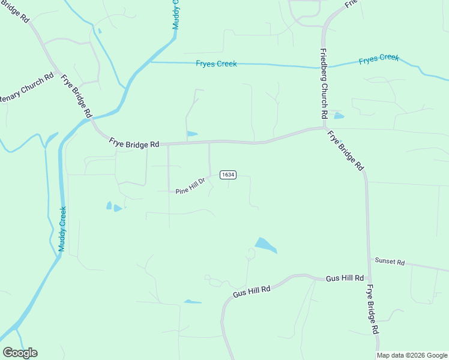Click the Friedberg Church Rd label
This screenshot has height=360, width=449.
323,83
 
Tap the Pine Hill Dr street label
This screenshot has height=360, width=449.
191,186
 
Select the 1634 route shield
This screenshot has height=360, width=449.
228,175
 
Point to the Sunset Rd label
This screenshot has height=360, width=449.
390,262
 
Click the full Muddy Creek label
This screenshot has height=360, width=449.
62,229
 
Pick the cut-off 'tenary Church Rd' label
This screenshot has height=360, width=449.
27,88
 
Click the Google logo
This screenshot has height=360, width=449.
20,353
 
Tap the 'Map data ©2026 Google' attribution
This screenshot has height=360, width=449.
412,355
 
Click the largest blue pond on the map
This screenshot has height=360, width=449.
265,245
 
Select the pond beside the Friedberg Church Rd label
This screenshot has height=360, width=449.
339,116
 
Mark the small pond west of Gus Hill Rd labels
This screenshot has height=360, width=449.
192,301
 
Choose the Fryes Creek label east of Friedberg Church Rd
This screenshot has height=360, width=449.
379,59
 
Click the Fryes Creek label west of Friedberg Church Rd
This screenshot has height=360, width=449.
216,64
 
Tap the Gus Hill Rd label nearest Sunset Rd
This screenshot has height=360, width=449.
345,278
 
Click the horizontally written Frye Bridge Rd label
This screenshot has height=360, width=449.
134,143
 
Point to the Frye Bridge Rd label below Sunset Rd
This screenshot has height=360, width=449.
373,309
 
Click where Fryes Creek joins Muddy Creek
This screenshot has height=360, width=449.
149,61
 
